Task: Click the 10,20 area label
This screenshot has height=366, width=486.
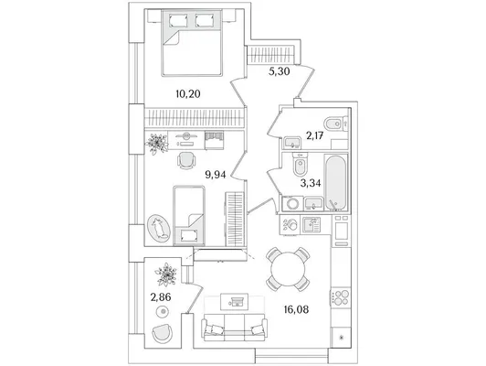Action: (188, 93)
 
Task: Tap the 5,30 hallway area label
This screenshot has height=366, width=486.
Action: (279, 71)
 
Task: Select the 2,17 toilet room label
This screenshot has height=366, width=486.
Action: (315, 135)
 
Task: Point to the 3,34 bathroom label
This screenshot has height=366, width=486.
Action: (311, 183)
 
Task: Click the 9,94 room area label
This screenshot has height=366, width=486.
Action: (216, 175)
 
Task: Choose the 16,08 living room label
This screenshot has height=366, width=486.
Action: (296, 309)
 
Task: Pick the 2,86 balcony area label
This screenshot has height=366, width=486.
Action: (161, 297)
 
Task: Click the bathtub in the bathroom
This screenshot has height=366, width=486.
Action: (336, 182)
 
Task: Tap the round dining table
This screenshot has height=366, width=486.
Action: (288, 269)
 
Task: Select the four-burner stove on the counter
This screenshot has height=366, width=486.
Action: (341, 296)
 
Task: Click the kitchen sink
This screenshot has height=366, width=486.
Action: (312, 225)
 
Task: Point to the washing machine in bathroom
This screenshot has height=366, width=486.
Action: (292, 204)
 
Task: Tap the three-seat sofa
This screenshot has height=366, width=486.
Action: (234, 327)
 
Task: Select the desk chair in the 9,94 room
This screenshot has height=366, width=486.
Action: (187, 160)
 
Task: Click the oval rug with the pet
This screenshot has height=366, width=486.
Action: (159, 228)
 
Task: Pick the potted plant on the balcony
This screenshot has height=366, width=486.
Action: (166, 274)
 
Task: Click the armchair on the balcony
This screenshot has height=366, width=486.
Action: (162, 333)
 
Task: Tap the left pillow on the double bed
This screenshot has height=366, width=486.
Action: (178, 21)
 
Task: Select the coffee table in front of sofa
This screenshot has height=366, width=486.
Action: (234, 301)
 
